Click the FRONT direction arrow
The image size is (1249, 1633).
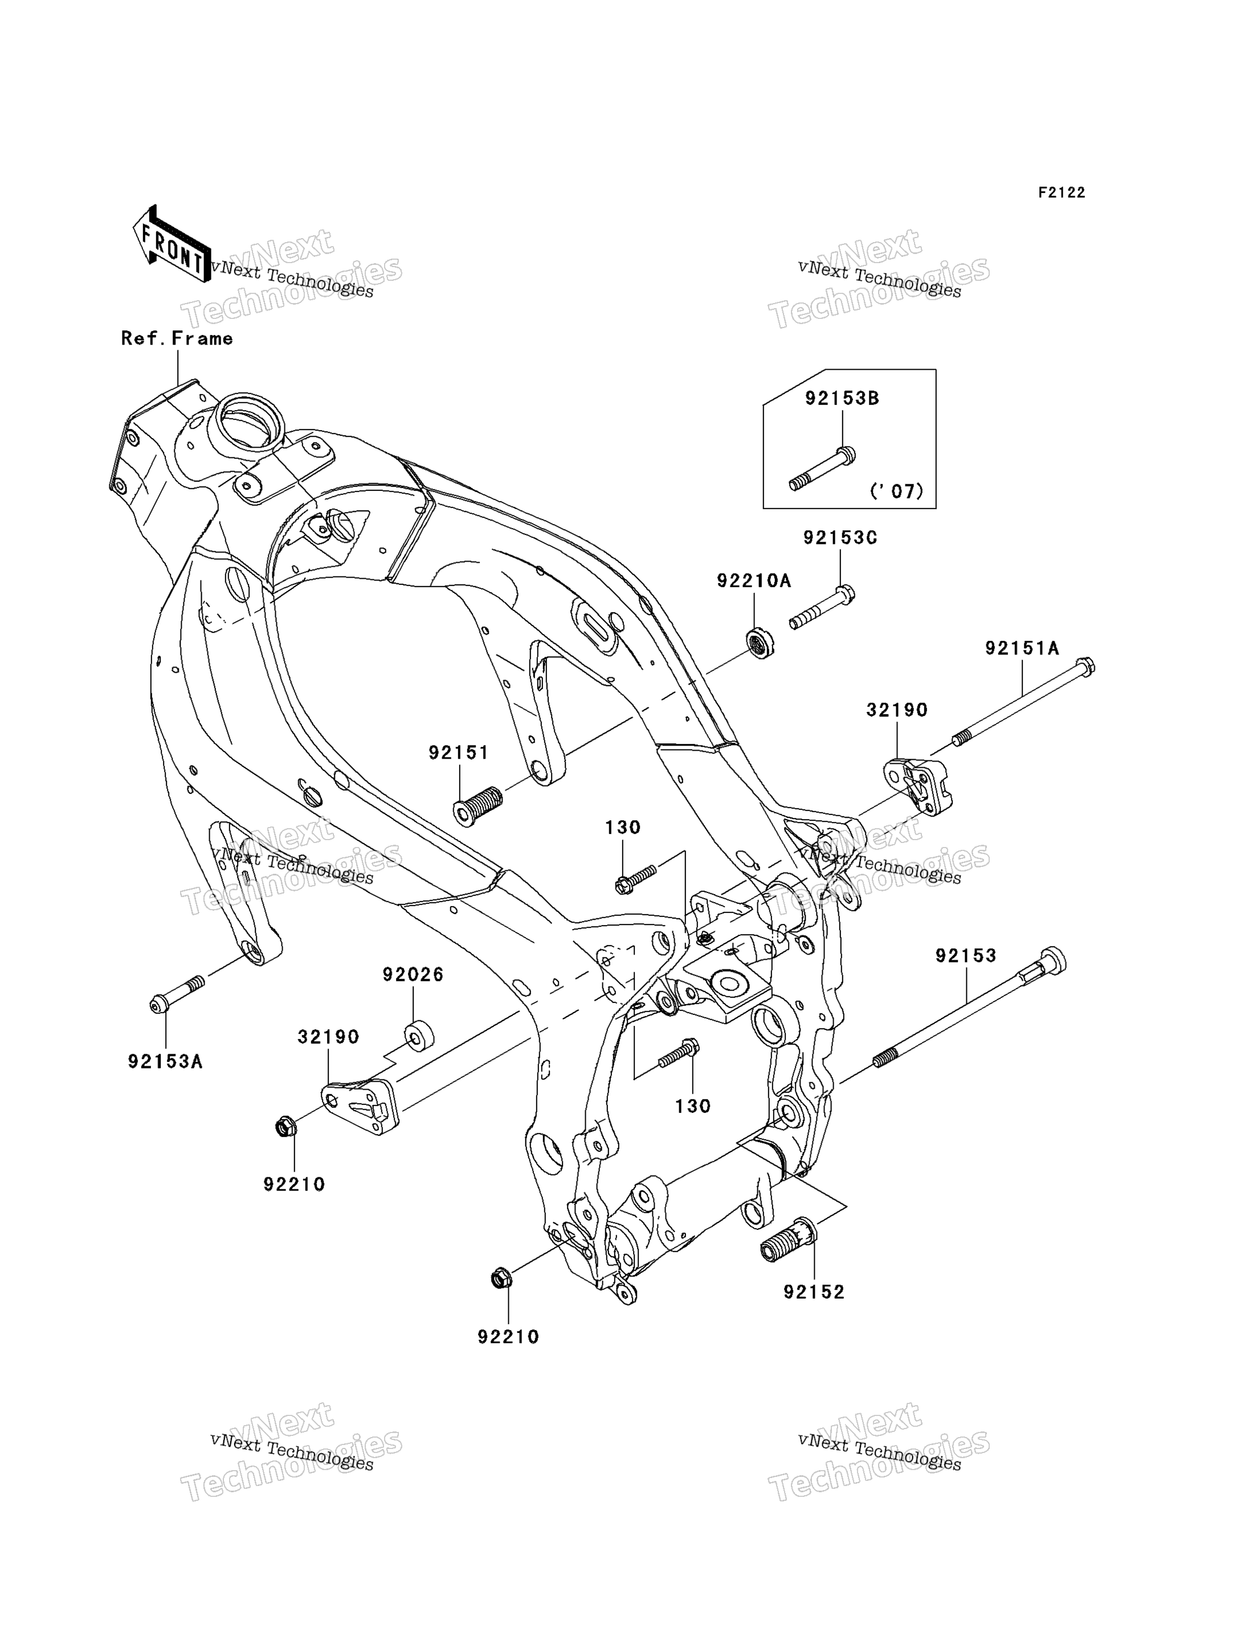170,244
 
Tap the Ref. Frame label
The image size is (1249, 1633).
177,339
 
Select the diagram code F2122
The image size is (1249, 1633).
1062,193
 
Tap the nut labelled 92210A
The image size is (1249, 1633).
760,643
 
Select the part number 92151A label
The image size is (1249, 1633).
1022,649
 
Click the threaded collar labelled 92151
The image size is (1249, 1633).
478,807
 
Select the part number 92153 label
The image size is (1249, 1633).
966,956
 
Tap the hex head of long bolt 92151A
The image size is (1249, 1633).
1085,667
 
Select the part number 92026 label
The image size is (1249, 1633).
413,975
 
